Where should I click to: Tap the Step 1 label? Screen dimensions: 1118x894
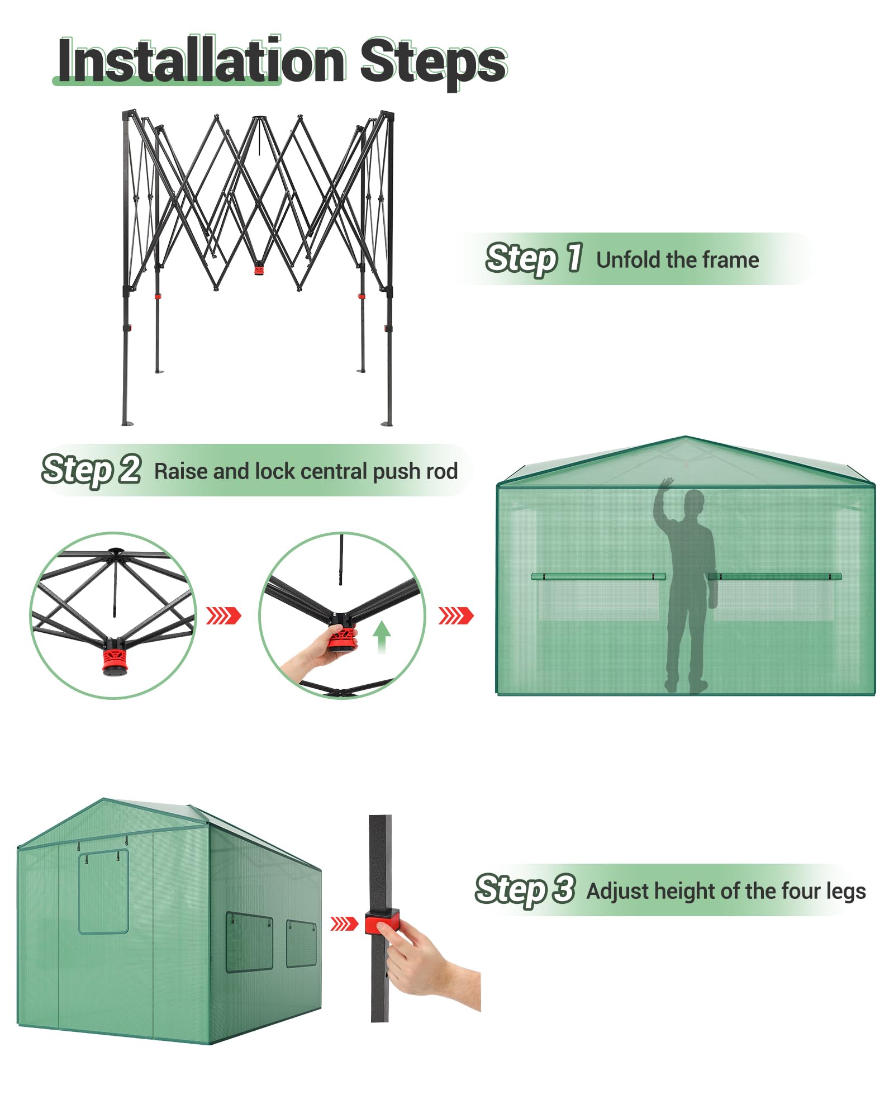(x=534, y=259)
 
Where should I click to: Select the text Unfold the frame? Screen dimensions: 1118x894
(x=677, y=260)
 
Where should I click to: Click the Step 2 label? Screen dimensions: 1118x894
(x=91, y=470)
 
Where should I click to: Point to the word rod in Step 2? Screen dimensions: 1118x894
(x=441, y=471)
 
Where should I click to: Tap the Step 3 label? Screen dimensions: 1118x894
(x=524, y=889)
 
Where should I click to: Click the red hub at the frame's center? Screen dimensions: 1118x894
(x=259, y=269)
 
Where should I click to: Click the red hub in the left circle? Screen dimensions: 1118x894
(x=115, y=661)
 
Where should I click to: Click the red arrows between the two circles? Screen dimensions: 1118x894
(x=223, y=615)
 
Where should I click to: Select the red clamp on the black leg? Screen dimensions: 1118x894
(x=382, y=922)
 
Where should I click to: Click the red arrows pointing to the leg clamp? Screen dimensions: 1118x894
(x=343, y=923)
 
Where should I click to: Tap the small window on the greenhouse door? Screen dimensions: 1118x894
(x=103, y=892)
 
